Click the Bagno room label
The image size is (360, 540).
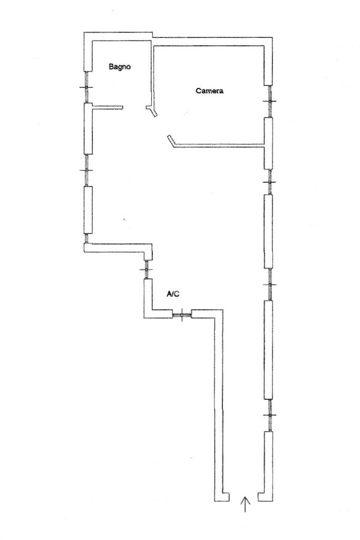(x=120, y=67)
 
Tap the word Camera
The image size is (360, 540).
(x=210, y=91)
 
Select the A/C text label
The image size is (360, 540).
(x=174, y=294)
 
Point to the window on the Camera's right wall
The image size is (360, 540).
(x=269, y=101)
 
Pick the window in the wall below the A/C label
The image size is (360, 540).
(x=182, y=315)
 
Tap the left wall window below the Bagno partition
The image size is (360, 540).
(x=87, y=170)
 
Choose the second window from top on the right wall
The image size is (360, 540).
(x=269, y=182)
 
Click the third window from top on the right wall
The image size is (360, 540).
(x=269, y=284)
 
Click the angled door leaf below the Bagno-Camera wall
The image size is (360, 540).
(x=152, y=111)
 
